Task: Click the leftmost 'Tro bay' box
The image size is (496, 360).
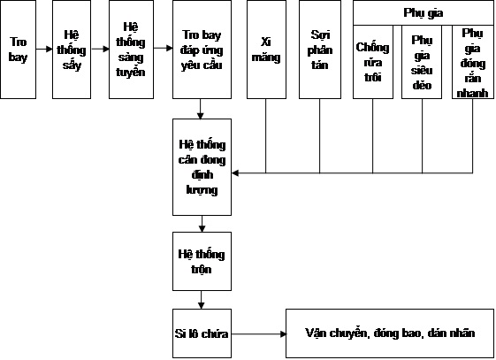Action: coord(18,50)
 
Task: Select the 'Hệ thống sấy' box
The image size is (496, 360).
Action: coord(72,50)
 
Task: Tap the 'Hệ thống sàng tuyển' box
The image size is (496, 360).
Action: coord(131,50)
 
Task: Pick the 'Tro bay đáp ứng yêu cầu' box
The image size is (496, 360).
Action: coord(202,50)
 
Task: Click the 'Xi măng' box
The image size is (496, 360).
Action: coord(266,50)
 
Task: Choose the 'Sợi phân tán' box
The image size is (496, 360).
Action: coord(320,50)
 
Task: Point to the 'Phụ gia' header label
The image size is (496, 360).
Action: coord(424,12)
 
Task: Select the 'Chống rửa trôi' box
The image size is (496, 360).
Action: coord(373,62)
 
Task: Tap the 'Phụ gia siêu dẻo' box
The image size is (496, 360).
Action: coord(422,62)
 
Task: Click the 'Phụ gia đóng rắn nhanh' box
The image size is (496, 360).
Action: coord(473,62)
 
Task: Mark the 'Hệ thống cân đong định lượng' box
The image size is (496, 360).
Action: coord(202,167)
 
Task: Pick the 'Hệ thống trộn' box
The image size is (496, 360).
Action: coord(202,261)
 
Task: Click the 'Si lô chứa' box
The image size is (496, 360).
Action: coord(202,333)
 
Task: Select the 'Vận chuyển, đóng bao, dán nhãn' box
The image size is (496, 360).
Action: coord(390,333)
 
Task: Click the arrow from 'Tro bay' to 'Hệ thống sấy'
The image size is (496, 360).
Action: coord(44,49)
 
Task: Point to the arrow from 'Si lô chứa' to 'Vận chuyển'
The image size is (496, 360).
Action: coord(259,333)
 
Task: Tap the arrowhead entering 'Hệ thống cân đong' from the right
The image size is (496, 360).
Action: coord(235,173)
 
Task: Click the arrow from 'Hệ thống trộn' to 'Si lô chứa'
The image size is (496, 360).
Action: coord(202,300)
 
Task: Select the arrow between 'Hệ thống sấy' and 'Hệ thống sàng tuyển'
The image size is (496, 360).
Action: coord(100,49)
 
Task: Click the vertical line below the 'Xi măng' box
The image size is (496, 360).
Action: coord(266,136)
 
